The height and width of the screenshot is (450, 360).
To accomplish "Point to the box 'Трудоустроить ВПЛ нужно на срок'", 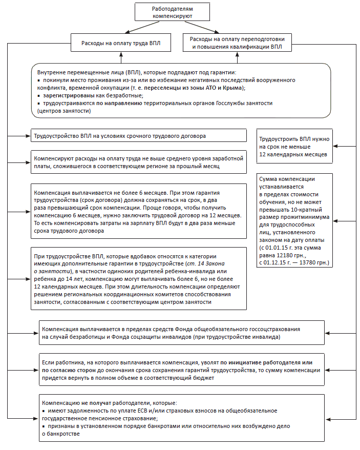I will pos(294,147).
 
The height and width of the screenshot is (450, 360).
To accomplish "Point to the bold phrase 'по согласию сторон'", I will pos(73,370).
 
